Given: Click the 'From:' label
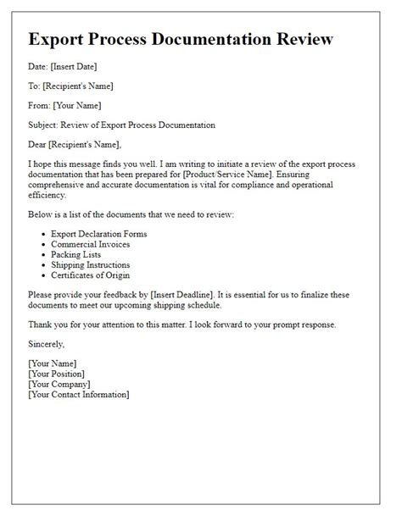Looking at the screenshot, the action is [x=40, y=105].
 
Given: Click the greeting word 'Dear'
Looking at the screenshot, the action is [x=38, y=144].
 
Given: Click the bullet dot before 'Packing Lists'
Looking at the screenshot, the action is [x=44, y=256].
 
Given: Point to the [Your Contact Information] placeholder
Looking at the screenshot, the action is [x=78, y=395].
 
